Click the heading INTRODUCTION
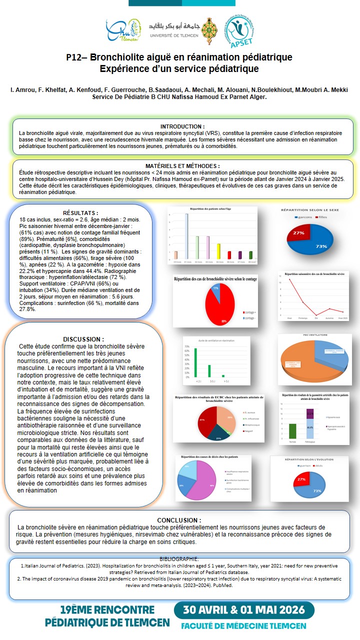click(182, 126)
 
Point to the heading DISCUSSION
click(83, 339)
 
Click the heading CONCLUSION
click(179, 520)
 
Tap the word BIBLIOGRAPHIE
click(179, 558)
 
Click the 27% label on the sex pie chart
click(299, 233)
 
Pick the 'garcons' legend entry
click(305, 217)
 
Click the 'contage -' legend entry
click(248, 317)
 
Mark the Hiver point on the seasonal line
click(290, 279)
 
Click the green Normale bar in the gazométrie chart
click(292, 431)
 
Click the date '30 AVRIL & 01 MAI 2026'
click(244, 610)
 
